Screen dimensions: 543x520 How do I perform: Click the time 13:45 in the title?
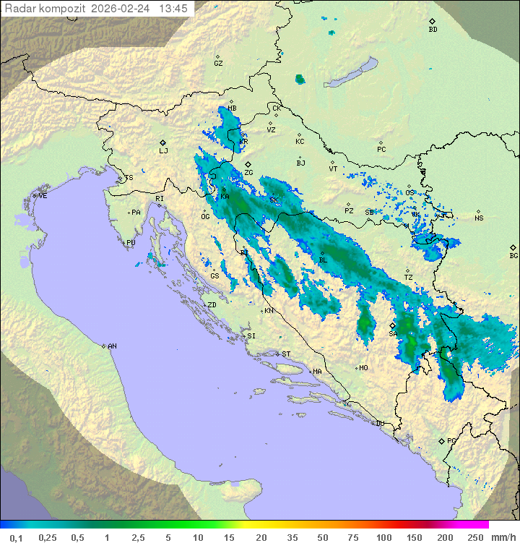(173, 9)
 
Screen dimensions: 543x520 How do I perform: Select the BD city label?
(433, 30)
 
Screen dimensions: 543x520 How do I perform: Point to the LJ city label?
(163, 151)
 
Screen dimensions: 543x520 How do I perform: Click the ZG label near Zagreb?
(248, 173)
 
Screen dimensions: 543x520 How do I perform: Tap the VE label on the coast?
(43, 196)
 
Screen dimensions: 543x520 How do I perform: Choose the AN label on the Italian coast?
(112, 346)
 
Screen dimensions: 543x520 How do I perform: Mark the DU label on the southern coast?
(380, 424)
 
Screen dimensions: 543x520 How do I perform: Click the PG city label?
(451, 440)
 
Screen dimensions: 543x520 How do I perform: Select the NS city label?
(479, 218)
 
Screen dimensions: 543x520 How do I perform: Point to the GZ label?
(218, 63)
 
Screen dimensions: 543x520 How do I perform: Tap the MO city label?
(363, 367)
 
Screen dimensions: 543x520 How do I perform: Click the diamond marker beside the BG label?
(513, 247)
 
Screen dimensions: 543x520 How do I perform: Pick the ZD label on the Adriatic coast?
(212, 305)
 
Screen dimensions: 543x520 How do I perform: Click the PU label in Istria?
(131, 243)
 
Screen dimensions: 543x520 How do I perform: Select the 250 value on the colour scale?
(474, 537)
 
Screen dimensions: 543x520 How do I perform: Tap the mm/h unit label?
(502, 537)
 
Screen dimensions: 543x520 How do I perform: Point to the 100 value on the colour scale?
(383, 537)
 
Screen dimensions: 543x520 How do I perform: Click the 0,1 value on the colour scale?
(16, 537)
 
